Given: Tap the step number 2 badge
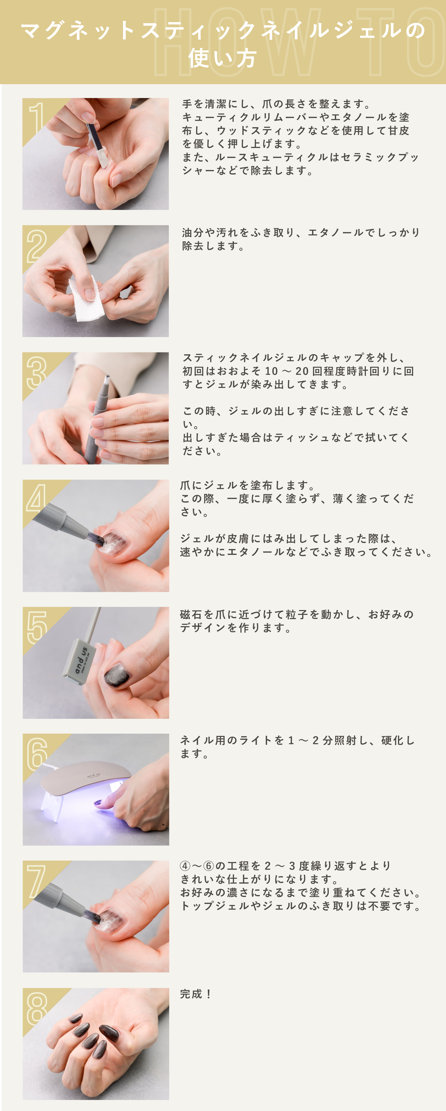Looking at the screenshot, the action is pyautogui.click(x=37, y=246).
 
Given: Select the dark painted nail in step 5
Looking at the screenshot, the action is pyautogui.click(x=116, y=674).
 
